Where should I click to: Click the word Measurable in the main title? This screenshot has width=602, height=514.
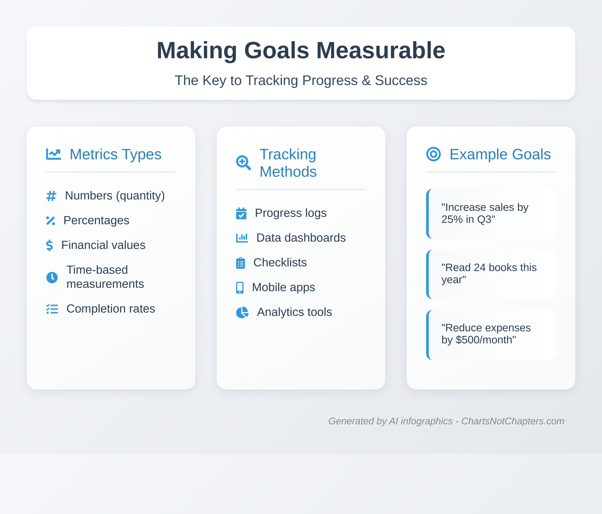coord(381,51)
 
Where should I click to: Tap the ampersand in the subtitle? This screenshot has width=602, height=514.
coord(366,81)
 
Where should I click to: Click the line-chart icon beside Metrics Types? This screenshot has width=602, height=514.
coord(54,154)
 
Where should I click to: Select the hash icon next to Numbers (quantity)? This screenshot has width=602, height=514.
coord(51,196)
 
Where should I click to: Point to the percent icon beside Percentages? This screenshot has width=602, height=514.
coord(51,221)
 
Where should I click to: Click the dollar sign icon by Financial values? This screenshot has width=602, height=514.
coord(49,245)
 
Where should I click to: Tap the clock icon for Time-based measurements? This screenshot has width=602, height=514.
coord(52,277)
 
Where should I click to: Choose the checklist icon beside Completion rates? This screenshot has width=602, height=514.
coord(52,309)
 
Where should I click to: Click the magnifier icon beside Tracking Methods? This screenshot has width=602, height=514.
coord(243,163)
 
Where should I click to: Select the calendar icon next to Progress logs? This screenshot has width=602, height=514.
coord(241,213)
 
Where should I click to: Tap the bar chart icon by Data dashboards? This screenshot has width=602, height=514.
coord(242,238)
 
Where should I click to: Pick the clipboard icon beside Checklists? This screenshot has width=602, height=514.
coord(240,263)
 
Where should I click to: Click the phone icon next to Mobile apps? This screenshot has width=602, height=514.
coord(240,287)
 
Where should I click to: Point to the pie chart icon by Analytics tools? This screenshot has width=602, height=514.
coord(242,312)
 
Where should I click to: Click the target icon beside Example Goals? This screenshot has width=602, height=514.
coord(433,154)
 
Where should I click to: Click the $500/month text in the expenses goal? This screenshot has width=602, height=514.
coord(486,340)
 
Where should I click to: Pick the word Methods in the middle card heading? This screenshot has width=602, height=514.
coord(288,172)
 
